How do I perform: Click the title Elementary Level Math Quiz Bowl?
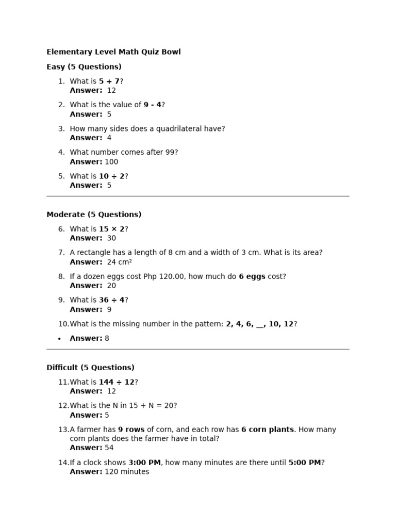113,52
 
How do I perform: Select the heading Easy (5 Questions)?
84,67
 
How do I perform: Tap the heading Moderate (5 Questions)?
94,214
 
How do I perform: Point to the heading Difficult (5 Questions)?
90,368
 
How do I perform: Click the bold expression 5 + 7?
109,81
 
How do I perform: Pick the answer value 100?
111,162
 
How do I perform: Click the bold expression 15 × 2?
111,229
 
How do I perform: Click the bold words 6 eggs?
252,276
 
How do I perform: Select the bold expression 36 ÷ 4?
111,300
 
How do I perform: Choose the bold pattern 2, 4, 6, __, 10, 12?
259,324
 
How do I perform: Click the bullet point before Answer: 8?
59,339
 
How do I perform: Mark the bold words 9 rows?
131,430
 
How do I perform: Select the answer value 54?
109,448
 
